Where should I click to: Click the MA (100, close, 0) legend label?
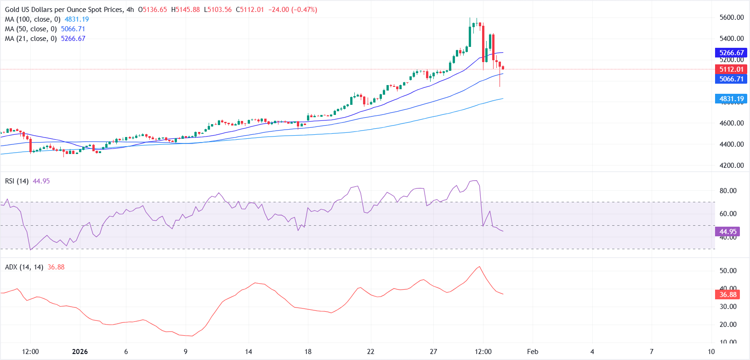[x=33, y=19]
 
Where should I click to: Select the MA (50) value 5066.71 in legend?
[x=73, y=29]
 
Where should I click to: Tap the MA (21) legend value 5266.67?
[x=73, y=39]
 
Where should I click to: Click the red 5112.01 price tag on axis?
[x=731, y=69]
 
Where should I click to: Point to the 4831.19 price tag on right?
[x=731, y=99]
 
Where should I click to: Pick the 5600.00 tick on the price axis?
[x=732, y=17]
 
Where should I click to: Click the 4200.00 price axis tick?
[x=732, y=166]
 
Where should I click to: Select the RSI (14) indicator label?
[x=17, y=181]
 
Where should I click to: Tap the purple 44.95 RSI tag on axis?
[x=727, y=232]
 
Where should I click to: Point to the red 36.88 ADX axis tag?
[x=727, y=295]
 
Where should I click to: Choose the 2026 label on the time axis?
[x=80, y=352]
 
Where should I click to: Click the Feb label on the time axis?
[x=533, y=352]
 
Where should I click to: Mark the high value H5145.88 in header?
[x=186, y=10]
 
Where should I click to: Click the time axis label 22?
[x=370, y=352]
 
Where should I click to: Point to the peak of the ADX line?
[x=479, y=267]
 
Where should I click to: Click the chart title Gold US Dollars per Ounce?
[x=64, y=10]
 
